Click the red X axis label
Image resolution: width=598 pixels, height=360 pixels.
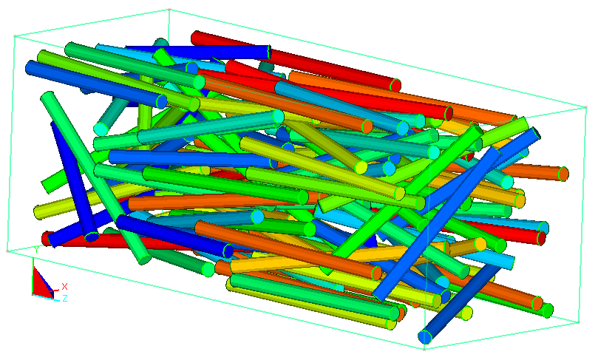[64, 286]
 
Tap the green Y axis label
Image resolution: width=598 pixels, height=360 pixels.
[36, 250]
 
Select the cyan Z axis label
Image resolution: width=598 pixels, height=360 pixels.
[65, 298]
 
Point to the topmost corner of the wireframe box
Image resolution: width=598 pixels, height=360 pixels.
[169, 9]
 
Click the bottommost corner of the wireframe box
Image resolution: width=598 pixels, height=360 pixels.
[424, 349]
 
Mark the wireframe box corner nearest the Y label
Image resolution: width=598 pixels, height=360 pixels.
[7, 251]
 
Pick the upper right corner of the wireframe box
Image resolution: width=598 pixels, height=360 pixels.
[586, 107]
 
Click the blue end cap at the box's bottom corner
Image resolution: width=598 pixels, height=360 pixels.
[424, 337]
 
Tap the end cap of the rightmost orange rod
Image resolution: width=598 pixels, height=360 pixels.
[563, 174]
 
